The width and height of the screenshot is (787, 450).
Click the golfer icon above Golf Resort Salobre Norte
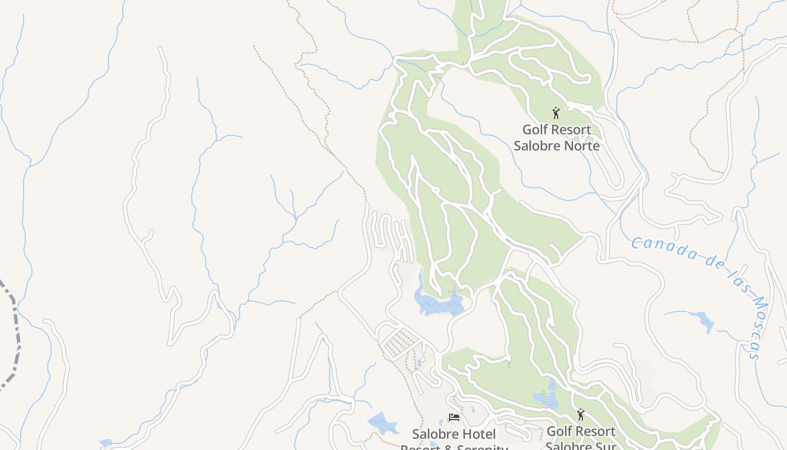(x=556, y=113)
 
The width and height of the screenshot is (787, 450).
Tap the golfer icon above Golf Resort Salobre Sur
(x=581, y=415)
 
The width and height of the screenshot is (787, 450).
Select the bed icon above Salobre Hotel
(x=454, y=417)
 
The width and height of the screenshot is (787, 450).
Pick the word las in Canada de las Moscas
(x=729, y=274)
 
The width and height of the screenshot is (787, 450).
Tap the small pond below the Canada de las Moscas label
(x=703, y=321)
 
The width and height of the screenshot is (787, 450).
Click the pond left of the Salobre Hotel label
(x=382, y=422)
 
